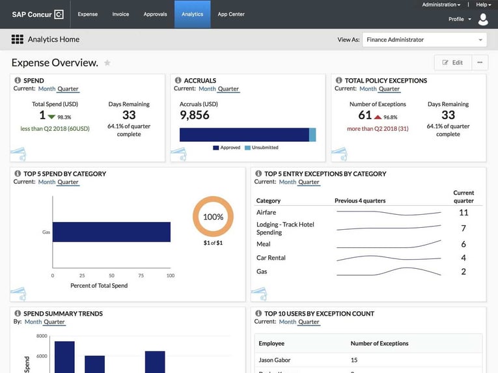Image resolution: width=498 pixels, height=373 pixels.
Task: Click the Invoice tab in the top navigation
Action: tap(120, 14)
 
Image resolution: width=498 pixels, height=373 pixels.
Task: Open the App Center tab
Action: tap(231, 14)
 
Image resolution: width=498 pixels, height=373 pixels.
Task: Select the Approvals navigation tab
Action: tap(155, 14)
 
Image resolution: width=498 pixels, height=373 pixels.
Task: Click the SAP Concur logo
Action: tap(37, 14)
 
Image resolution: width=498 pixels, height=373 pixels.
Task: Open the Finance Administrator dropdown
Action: tap(424, 40)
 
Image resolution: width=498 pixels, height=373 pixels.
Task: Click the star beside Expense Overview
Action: tap(107, 63)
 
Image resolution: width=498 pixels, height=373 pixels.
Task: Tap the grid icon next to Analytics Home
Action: tap(18, 40)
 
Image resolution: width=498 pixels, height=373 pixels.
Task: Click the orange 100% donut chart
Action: tap(214, 217)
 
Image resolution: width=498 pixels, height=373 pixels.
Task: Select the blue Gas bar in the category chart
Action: tap(111, 232)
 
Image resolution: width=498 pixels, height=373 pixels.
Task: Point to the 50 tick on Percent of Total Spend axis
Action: tap(111, 275)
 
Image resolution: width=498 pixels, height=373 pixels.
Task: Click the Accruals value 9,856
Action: tap(195, 115)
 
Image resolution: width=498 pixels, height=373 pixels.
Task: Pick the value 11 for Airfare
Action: tap(463, 212)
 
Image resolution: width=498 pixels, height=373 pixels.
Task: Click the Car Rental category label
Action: tap(271, 258)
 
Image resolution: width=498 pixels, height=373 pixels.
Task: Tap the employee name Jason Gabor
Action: tap(275, 360)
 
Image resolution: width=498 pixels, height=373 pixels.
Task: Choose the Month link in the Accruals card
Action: tap(207, 89)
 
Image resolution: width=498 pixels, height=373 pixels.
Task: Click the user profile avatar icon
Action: tap(483, 20)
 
